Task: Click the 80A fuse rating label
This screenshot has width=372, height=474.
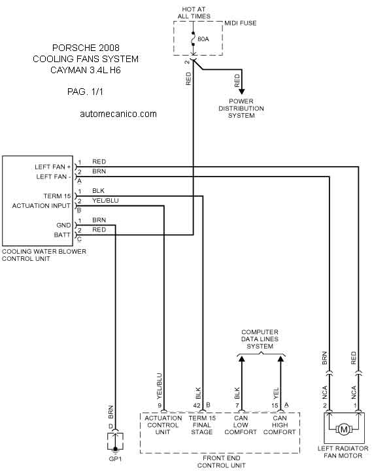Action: [203, 39]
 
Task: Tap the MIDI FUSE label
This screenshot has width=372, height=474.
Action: [240, 23]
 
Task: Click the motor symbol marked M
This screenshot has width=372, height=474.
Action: [344, 429]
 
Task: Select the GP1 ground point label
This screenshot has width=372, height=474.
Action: [115, 458]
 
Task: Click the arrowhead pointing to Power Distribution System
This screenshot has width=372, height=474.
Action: [242, 91]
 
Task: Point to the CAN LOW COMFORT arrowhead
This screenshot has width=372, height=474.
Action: [241, 359]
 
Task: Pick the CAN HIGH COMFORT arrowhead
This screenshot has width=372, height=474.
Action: [280, 359]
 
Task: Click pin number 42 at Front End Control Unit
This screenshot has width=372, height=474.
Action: [197, 405]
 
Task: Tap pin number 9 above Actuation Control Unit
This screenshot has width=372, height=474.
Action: [160, 405]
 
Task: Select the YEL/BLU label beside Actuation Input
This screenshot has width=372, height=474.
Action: [105, 201]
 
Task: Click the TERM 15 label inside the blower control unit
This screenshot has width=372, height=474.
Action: [57, 196]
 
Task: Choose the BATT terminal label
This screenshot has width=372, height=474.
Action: [62, 235]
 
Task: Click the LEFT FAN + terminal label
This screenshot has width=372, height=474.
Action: [53, 167]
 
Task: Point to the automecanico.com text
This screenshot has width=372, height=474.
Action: [118, 114]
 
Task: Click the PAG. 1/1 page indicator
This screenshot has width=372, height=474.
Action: [85, 92]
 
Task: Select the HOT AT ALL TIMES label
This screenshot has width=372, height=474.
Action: [194, 12]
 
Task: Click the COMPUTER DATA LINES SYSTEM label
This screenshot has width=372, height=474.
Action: [260, 339]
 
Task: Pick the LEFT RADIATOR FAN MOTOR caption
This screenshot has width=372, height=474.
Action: [343, 452]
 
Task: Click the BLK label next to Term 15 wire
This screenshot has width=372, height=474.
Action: [99, 191]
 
